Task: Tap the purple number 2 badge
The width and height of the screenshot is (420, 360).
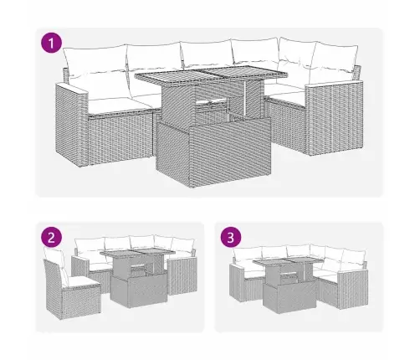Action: (x=54, y=238)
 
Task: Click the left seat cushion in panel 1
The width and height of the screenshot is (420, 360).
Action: (x=113, y=105)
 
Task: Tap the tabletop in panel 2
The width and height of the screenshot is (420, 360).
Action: (x=138, y=256)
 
